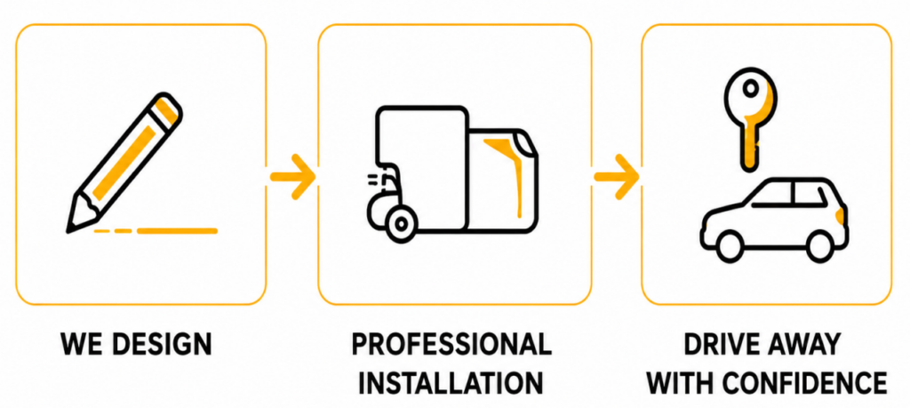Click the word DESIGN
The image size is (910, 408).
tap(162, 344)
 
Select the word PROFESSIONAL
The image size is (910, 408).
tap(451, 344)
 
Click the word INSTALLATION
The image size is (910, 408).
tap(451, 382)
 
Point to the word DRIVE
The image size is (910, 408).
tap(720, 344)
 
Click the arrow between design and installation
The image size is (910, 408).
tap(292, 176)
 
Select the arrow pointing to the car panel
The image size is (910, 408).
tap(616, 176)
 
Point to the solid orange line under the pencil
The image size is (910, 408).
tap(177, 231)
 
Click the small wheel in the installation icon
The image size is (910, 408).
tap(400, 224)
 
